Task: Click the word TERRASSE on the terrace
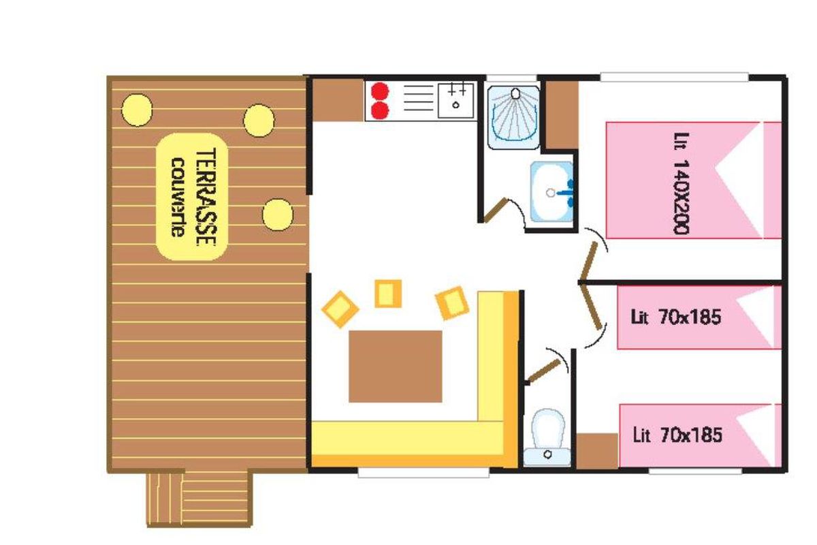[x=206, y=197]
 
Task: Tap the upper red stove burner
[x=380, y=91]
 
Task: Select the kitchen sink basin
[x=455, y=100]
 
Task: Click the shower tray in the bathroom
[x=514, y=118]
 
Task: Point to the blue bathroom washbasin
[x=552, y=192]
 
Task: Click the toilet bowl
[x=547, y=437]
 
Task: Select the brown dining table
[x=396, y=367]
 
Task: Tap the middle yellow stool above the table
[x=389, y=294]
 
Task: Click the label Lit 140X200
[x=681, y=183]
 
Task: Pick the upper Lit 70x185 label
[x=676, y=317]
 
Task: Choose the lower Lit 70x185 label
[x=677, y=435]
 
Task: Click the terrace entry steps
[x=199, y=499]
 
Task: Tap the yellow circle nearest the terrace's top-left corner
[x=137, y=110]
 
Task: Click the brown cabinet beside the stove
[x=339, y=100]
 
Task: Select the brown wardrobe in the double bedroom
[x=562, y=114]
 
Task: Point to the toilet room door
[x=544, y=371]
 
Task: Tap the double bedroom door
[x=588, y=261]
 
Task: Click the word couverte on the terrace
[x=178, y=198]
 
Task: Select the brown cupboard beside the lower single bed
[x=597, y=450]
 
